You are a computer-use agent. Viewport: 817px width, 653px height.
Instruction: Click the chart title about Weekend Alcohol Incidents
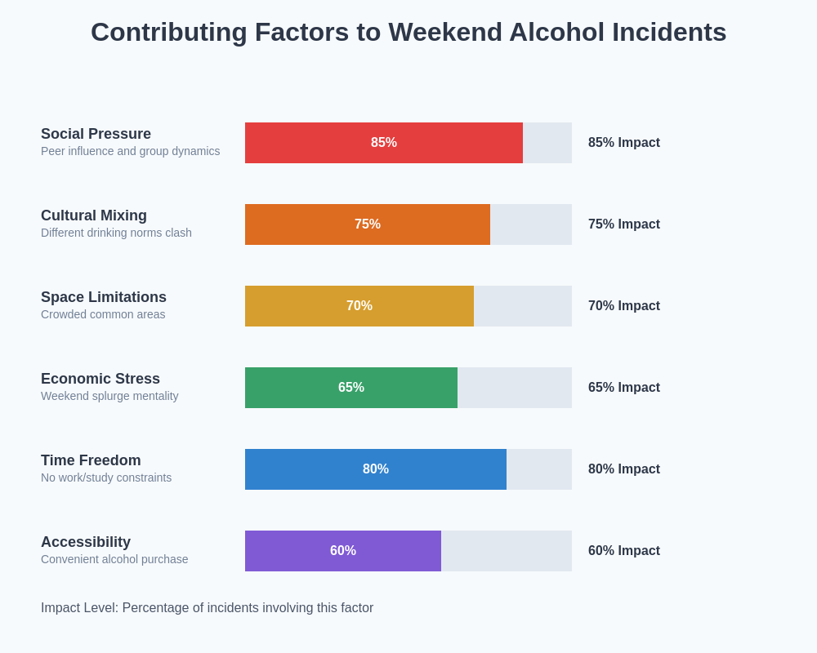(x=408, y=32)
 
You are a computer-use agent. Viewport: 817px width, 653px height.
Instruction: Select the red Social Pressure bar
(x=384, y=143)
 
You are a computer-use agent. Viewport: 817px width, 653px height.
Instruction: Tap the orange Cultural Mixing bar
(x=368, y=224)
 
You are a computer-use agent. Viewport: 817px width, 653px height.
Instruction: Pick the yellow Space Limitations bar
(x=359, y=306)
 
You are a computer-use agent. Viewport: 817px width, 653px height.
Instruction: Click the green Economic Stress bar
(x=351, y=388)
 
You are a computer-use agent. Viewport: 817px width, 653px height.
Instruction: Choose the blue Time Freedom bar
(x=376, y=469)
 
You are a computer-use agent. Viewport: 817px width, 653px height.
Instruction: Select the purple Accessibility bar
(x=343, y=551)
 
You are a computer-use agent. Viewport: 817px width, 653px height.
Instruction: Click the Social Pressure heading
(x=96, y=134)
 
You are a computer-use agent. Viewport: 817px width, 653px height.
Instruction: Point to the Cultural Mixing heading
(x=94, y=215)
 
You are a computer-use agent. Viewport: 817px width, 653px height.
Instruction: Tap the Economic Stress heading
(x=100, y=379)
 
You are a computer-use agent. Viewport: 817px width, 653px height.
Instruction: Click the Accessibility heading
(x=86, y=542)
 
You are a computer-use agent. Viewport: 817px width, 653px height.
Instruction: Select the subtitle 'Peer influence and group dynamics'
(x=130, y=151)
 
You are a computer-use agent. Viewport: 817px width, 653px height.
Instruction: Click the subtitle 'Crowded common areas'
(x=103, y=314)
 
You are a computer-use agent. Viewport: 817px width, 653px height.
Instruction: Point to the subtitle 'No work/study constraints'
(x=106, y=478)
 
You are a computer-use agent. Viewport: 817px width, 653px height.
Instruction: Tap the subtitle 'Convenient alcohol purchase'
(x=114, y=559)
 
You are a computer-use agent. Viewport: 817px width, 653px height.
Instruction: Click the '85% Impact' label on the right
(x=624, y=143)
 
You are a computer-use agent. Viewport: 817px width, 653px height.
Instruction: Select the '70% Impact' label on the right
(x=624, y=306)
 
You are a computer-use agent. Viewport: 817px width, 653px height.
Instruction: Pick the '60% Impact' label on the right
(x=624, y=551)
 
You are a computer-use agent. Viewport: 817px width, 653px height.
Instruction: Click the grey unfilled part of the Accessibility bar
(x=507, y=551)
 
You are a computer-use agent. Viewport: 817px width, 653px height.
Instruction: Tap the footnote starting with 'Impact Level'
(x=207, y=608)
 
